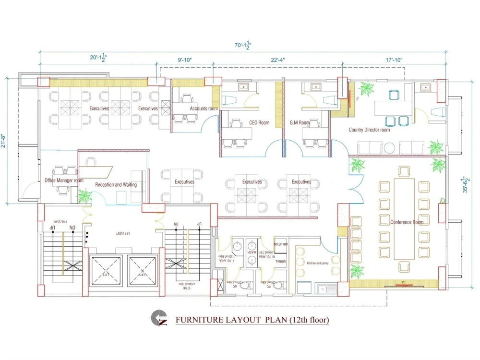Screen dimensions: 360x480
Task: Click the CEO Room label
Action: pyautogui.click(x=259, y=123)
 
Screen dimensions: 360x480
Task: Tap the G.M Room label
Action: pyautogui.click(x=300, y=123)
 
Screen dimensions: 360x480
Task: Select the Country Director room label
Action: pyautogui.click(x=369, y=130)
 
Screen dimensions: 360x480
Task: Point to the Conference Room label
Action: pyautogui.click(x=407, y=222)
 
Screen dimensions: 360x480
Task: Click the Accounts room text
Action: pyautogui.click(x=204, y=109)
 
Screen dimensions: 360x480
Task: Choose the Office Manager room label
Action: pyautogui.click(x=64, y=180)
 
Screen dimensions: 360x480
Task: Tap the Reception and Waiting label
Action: pyautogui.click(x=116, y=185)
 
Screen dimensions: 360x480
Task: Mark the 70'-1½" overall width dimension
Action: pyautogui.click(x=243, y=45)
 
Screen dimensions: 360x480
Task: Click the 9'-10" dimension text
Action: pyautogui.click(x=184, y=60)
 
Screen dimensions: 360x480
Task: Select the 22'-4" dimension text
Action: pyautogui.click(x=278, y=60)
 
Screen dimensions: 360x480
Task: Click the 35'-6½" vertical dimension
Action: pyautogui.click(x=466, y=184)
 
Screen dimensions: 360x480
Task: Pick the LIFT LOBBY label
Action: pyautogui.click(x=123, y=234)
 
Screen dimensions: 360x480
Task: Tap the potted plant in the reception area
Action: pyautogui.click(x=85, y=196)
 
